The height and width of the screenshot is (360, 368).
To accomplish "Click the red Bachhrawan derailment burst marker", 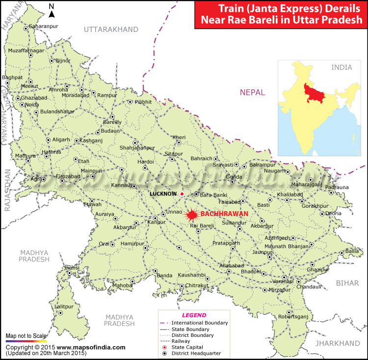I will point(191,214).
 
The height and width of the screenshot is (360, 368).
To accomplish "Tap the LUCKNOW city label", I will point(162,194).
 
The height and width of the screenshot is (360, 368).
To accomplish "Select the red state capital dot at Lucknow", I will point(181,194).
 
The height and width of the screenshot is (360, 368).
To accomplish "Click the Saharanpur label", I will point(44,26).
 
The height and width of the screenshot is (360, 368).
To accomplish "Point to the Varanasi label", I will point(283,281).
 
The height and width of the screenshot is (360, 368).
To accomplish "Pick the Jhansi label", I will point(72,268).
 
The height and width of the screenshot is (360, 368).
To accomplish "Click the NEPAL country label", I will point(252,92).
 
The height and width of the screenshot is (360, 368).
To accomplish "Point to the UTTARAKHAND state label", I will point(111,30).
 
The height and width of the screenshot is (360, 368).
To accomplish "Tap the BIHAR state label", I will point(348,283).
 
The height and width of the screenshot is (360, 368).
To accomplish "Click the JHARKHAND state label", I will point(337,343).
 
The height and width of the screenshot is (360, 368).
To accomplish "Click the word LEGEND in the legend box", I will point(194,315).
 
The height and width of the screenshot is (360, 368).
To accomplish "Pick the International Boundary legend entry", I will point(199,323).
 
